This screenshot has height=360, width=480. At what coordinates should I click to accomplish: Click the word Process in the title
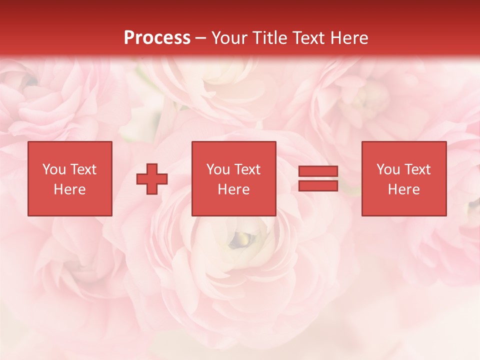[157, 37]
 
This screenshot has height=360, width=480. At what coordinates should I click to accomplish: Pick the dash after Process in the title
[201, 38]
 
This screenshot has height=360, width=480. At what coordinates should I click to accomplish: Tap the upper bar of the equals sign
[318, 171]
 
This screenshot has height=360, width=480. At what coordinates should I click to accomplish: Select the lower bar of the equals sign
[318, 186]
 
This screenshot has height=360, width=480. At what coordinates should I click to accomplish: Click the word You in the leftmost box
[54, 169]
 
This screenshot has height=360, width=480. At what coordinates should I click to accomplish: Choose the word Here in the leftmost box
[69, 189]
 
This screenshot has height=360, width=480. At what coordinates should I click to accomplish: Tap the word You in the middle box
[218, 169]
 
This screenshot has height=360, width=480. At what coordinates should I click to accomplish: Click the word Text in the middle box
[247, 169]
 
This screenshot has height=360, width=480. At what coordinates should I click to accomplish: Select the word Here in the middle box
[233, 189]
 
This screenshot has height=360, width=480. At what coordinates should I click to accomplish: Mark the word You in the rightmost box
[388, 169]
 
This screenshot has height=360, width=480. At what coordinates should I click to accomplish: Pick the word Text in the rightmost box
[417, 169]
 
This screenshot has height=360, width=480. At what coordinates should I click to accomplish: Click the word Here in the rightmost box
[403, 189]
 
